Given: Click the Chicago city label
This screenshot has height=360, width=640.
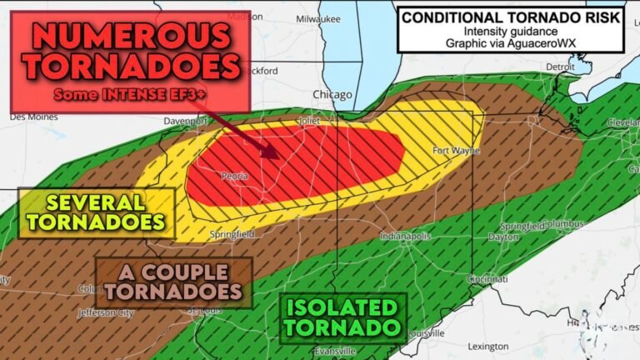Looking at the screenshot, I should (332, 95).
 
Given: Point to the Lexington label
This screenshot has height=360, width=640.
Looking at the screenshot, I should (487, 346).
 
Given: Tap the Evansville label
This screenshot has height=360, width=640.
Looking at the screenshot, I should (335, 351).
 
